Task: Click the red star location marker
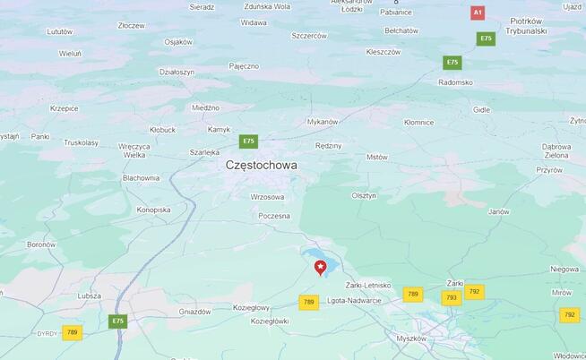pyautogui.click(x=320, y=267)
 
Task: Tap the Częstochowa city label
pyautogui.click(x=262, y=165)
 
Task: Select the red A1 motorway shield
pyautogui.click(x=478, y=13)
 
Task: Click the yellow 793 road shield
pyautogui.click(x=451, y=297)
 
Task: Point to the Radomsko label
pyautogui.click(x=455, y=82)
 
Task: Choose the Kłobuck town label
pyautogui.click(x=162, y=130)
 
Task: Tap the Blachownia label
pyautogui.click(x=141, y=177)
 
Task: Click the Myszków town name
pyautogui.click(x=411, y=339)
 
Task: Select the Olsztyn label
pyautogui.click(x=364, y=195)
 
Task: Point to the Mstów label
pyautogui.click(x=377, y=157)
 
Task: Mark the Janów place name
pyautogui.click(x=498, y=212)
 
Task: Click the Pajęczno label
pyautogui.click(x=244, y=66)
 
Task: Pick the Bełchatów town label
pyautogui.click(x=401, y=30)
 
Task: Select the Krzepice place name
pyautogui.click(x=65, y=108)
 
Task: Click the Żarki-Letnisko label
pyautogui.click(x=367, y=285)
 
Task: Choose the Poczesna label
pyautogui.click(x=274, y=216)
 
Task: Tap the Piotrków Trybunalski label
pyautogui.click(x=526, y=25)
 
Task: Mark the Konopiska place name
pyautogui.click(x=153, y=210)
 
